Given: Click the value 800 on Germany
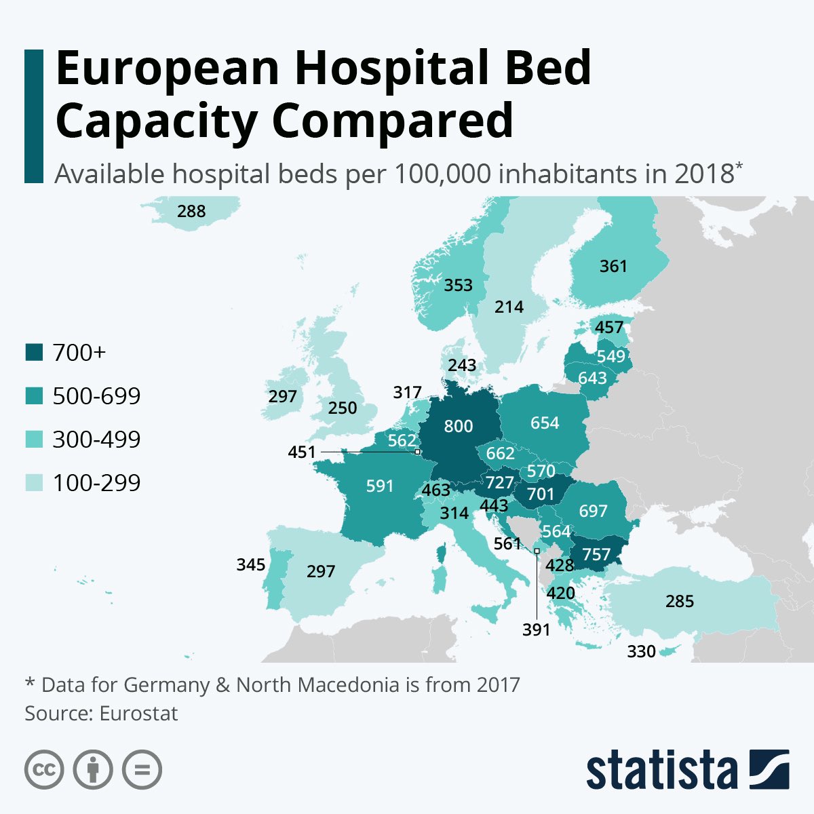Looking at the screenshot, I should (459, 426).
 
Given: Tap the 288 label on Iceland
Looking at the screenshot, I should (191, 211).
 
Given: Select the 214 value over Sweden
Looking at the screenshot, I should (509, 307).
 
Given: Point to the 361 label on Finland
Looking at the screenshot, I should (613, 266).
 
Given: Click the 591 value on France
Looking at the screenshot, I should (379, 486).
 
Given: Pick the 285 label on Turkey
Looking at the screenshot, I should (680, 601).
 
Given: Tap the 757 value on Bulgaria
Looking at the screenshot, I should (596, 554).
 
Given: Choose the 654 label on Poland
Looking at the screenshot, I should (545, 423).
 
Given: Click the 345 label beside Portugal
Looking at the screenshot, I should (250, 564).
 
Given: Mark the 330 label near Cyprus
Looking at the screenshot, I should (641, 652).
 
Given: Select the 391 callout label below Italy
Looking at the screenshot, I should (536, 630).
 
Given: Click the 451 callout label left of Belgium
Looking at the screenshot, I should (302, 452).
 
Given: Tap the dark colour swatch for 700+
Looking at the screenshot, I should (34, 353).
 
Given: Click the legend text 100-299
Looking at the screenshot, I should (96, 483).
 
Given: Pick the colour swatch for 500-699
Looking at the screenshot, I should (34, 396).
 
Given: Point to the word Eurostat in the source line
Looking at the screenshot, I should (138, 714).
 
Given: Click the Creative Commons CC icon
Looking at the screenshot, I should (44, 770).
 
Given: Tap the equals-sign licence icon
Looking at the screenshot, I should (142, 770).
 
